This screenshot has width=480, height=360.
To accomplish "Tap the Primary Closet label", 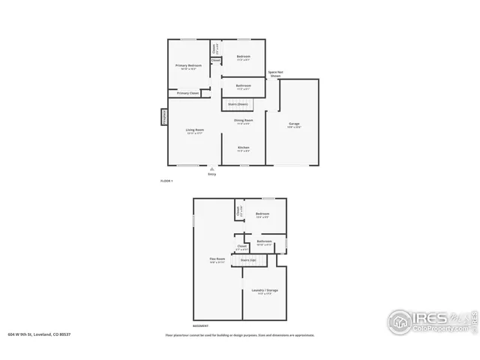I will click(x=188, y=93).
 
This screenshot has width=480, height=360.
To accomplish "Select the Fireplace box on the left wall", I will click(x=163, y=118).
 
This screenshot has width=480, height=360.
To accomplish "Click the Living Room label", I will click(x=195, y=130).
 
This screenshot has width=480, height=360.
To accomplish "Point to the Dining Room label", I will click(x=243, y=120).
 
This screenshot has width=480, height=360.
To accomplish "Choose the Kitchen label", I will click(x=244, y=148).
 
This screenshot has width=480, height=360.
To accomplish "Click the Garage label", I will click(x=295, y=123).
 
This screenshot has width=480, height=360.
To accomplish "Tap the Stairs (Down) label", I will click(x=239, y=103).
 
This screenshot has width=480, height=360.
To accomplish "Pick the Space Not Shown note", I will click(x=275, y=74).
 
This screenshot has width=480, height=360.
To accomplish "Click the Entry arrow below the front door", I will click(x=211, y=170).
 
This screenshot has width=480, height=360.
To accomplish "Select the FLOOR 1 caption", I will click(x=166, y=181).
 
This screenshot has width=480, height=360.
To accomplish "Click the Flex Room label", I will click(x=217, y=259).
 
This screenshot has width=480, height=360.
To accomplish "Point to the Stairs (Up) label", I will click(x=248, y=260).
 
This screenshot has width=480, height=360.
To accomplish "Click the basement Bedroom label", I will click(x=262, y=214).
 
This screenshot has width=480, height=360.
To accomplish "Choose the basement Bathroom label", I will click(x=265, y=241).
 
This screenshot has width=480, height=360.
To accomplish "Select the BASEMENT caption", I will click(x=200, y=326).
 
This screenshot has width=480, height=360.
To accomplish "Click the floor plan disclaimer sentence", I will click(x=240, y=335).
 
